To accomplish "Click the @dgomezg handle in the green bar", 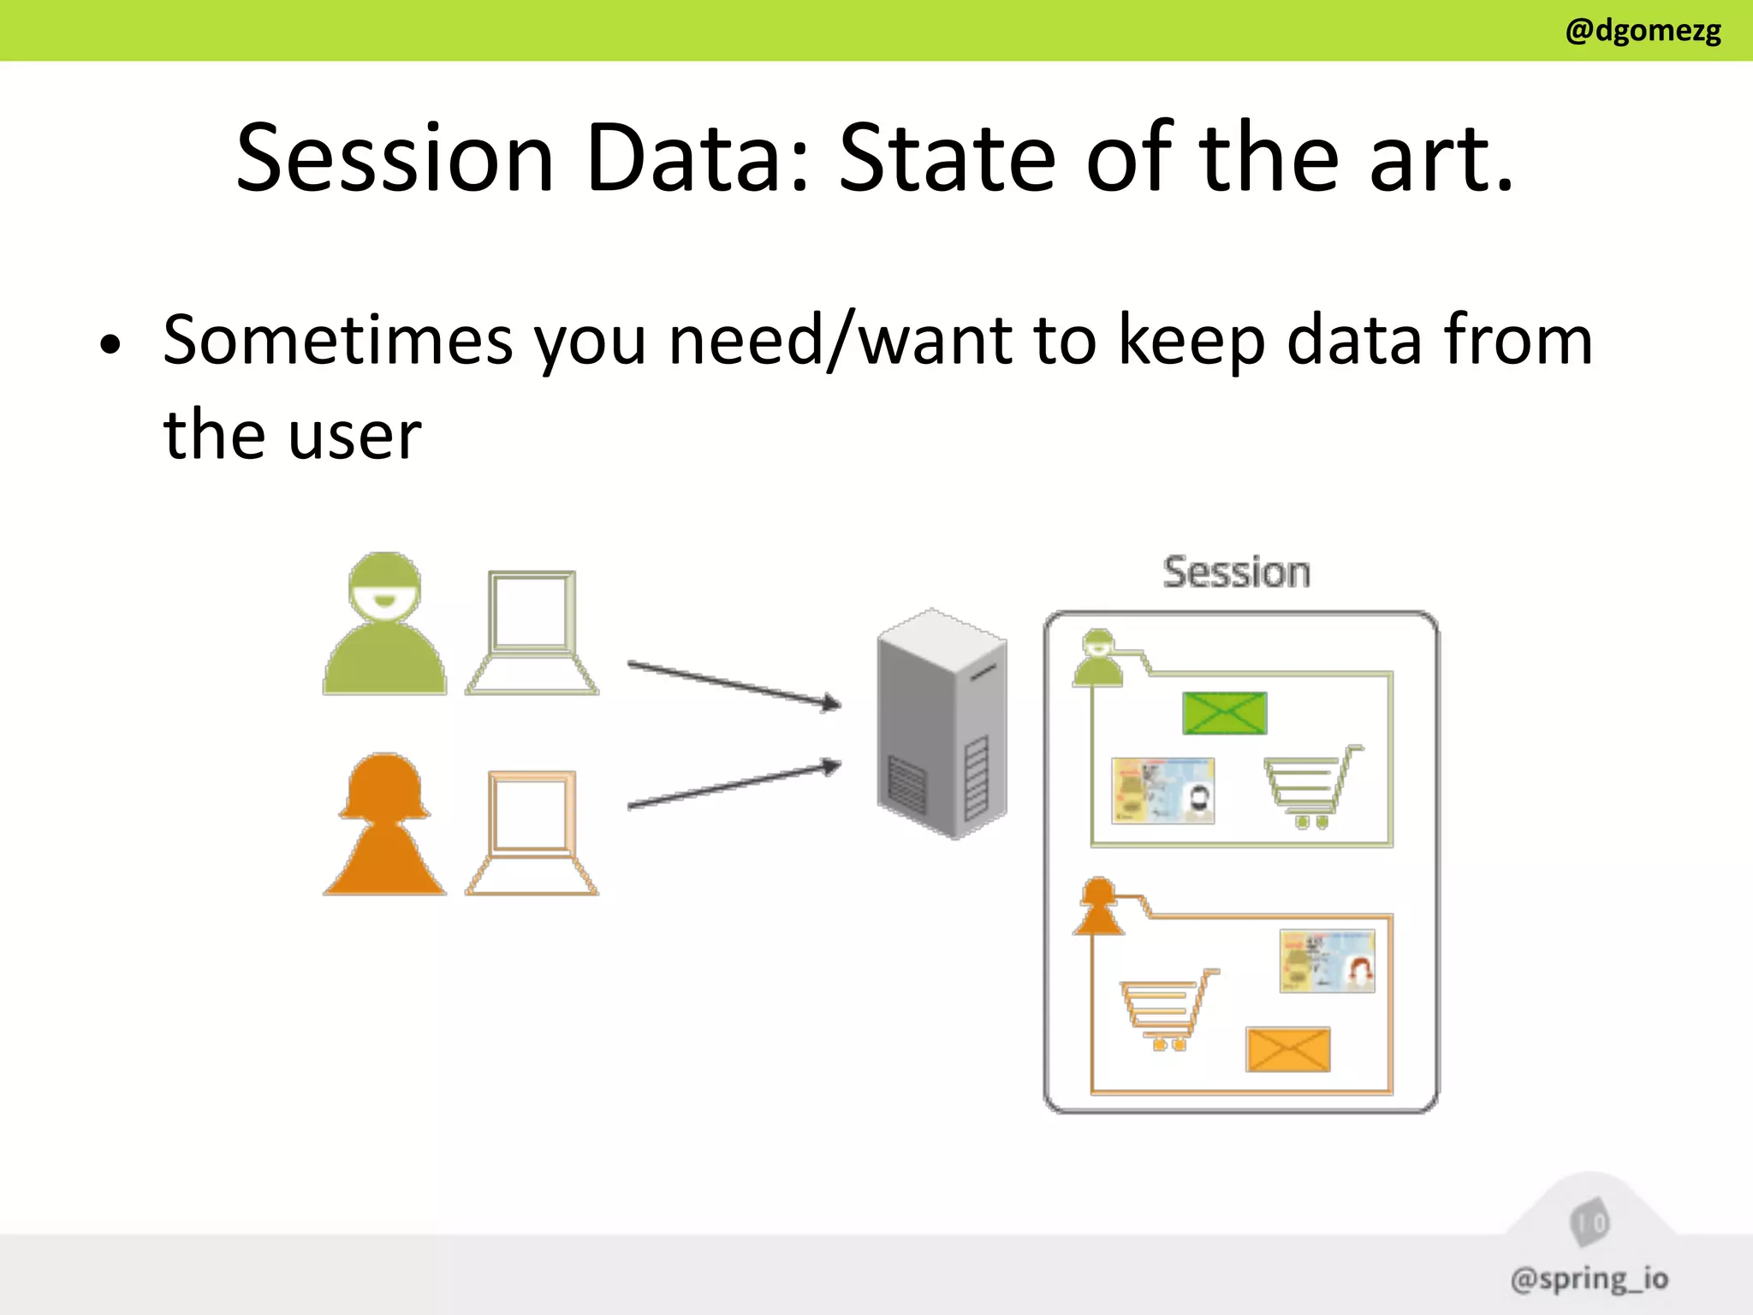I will click(x=1642, y=32).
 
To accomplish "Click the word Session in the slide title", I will click(x=395, y=159).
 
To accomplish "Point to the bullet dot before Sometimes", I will click(x=110, y=346).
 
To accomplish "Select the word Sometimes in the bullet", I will click(x=338, y=341).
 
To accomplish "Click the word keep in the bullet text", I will click(x=1191, y=341).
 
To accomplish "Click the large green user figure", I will click(x=385, y=629).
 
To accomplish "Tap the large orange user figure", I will click(x=385, y=829).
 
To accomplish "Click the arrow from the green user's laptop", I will click(x=734, y=684).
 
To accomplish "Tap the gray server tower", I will click(x=942, y=723).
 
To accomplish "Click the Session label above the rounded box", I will click(x=1236, y=573).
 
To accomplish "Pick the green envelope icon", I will click(x=1224, y=713).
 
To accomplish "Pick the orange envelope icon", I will click(x=1288, y=1050).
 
